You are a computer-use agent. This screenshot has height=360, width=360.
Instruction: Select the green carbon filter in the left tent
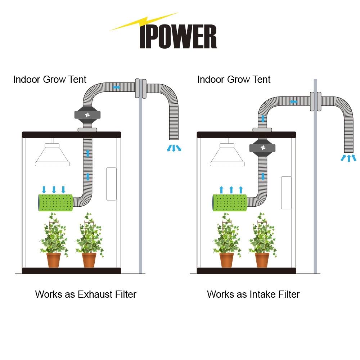tap(56, 203)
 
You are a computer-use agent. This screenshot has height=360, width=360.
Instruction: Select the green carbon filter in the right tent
tap(230, 203)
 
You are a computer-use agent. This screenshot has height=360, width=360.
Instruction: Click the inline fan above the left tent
tap(87, 115)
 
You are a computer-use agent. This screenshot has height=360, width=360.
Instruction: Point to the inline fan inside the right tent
tap(262, 148)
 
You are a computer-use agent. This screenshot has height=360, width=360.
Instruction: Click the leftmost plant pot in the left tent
tap(54, 260)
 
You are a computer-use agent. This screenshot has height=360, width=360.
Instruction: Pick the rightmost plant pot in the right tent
tap(262, 260)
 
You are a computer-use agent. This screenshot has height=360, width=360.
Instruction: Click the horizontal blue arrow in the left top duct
tap(116, 87)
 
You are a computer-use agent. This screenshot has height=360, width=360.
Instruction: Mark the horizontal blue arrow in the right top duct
tap(294, 102)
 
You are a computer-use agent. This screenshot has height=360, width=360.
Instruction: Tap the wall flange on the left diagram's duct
tap(140, 89)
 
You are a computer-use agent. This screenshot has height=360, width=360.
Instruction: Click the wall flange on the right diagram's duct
tap(315, 102)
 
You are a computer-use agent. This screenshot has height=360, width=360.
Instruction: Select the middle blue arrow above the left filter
tap(54, 190)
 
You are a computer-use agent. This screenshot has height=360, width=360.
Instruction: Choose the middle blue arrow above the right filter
tap(231, 190)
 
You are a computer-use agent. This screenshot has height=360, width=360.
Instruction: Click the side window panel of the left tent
tap(111, 184)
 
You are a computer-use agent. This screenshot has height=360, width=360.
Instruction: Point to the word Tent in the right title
tap(261, 80)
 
